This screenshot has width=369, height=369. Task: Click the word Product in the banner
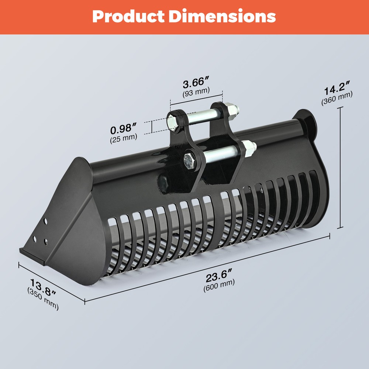128,16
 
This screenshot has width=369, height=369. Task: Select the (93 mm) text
196,92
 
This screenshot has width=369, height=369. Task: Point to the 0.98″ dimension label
123,128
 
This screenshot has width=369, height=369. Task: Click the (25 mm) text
123,138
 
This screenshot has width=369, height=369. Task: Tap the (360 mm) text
337,98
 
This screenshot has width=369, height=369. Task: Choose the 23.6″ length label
219,276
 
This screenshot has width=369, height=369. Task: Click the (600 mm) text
219,285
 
